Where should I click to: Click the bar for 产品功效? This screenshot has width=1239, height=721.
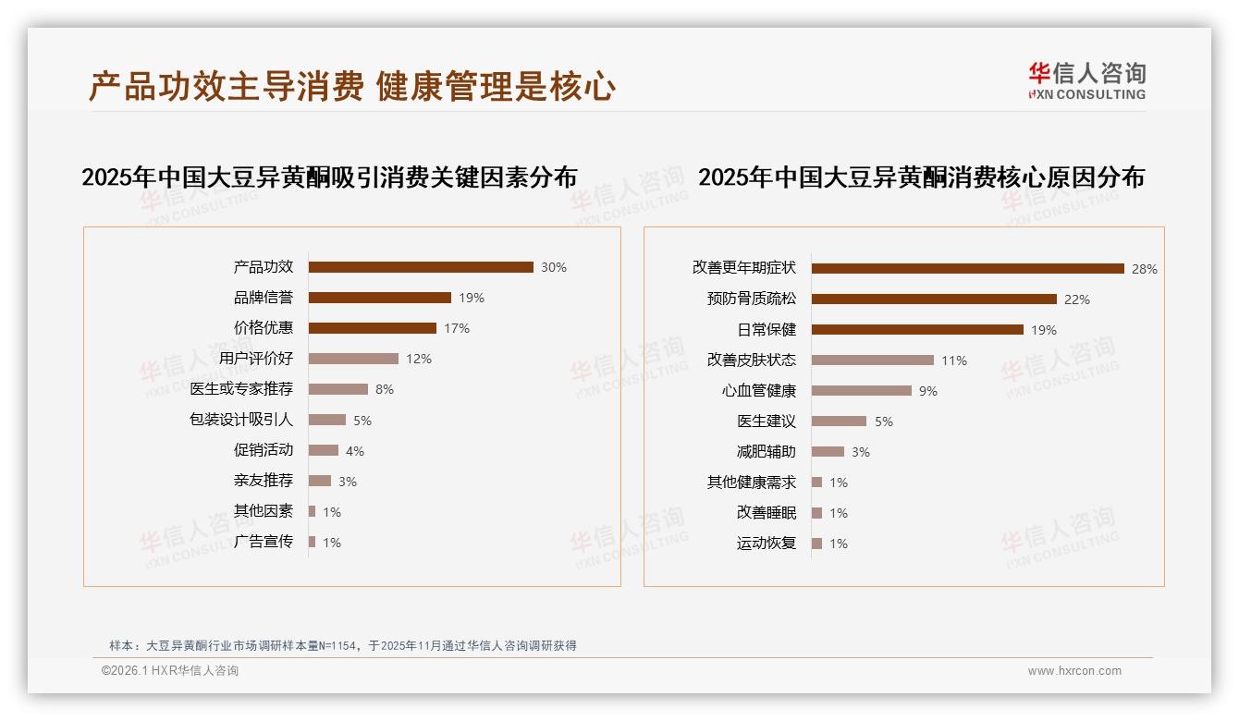point(421,267)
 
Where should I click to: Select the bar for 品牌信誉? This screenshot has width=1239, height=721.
point(379,298)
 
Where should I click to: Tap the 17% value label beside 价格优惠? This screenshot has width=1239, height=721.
point(457,328)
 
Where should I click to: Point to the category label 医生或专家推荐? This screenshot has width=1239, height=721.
point(241,389)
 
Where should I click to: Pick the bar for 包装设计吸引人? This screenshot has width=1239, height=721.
point(326,420)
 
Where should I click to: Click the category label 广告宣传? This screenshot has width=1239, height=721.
point(263,542)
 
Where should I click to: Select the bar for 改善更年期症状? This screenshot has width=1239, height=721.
point(967,268)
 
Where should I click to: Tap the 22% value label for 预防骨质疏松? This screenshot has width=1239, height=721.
point(1077,299)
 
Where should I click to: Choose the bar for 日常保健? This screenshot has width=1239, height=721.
point(917,330)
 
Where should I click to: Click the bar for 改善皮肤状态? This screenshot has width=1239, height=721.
point(872,360)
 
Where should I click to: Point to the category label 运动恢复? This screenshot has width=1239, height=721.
point(766,544)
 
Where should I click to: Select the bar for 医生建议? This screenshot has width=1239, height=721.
point(839,422)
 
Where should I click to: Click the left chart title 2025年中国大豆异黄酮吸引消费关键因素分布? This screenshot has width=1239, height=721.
point(329,177)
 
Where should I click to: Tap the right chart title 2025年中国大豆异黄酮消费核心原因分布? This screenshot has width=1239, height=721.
point(921,177)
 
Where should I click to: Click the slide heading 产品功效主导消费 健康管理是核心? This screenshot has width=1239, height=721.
point(351,87)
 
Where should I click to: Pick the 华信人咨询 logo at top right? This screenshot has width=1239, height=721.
point(1086,80)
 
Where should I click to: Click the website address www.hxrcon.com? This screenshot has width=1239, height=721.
point(1074,671)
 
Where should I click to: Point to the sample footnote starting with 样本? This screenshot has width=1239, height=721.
point(343,645)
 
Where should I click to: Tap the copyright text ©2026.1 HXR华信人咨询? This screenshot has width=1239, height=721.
point(170,671)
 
